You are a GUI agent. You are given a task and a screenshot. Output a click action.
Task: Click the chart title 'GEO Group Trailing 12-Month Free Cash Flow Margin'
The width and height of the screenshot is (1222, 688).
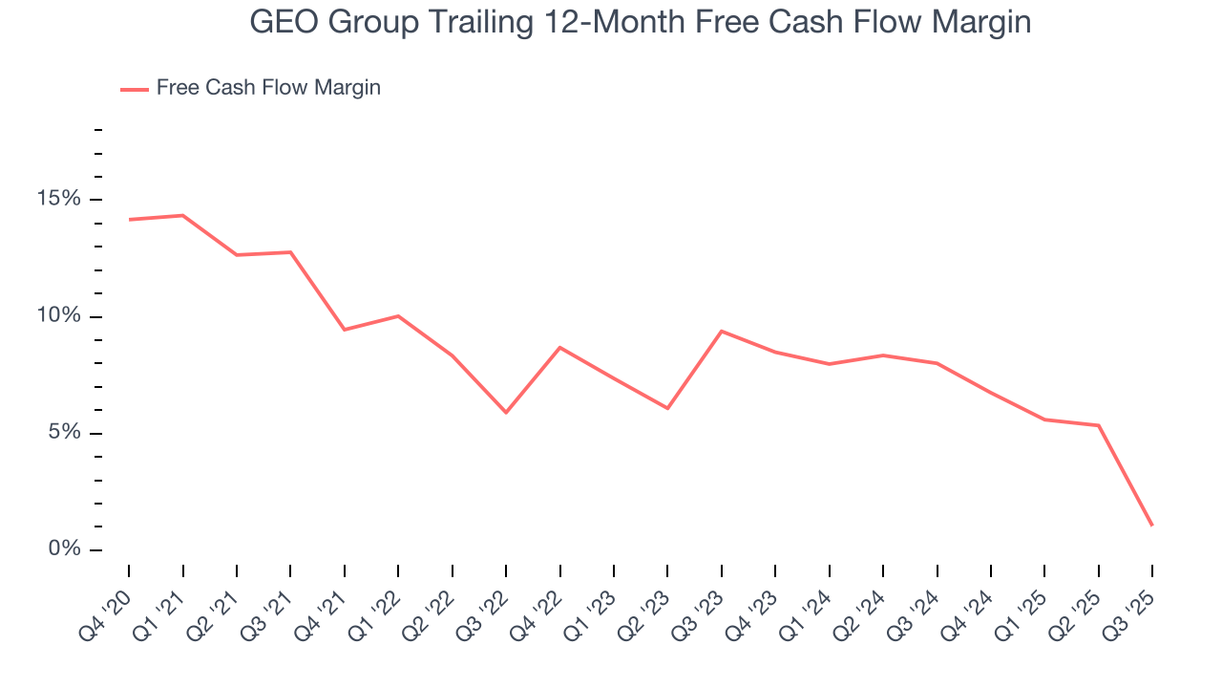(x=640, y=22)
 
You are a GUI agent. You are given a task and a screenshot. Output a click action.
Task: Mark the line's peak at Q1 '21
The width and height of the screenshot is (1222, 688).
(x=182, y=215)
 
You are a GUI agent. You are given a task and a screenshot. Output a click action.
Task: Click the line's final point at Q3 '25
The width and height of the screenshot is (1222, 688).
(x=1152, y=526)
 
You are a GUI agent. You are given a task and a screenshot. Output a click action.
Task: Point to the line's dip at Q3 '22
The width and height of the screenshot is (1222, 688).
(x=506, y=413)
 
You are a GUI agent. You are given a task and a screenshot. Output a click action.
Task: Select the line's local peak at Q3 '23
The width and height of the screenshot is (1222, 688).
(x=721, y=331)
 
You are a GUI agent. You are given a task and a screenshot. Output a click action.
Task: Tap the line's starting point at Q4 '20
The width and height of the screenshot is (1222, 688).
(x=129, y=220)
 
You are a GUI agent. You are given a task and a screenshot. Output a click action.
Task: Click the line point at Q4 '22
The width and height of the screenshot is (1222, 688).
(x=559, y=347)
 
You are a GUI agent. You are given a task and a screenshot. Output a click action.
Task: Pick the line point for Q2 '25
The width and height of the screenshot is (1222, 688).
(x=1099, y=425)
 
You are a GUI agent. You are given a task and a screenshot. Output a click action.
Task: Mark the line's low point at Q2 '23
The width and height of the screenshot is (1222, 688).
(x=667, y=408)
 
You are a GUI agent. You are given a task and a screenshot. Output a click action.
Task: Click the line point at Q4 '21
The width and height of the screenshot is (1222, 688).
(x=344, y=330)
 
